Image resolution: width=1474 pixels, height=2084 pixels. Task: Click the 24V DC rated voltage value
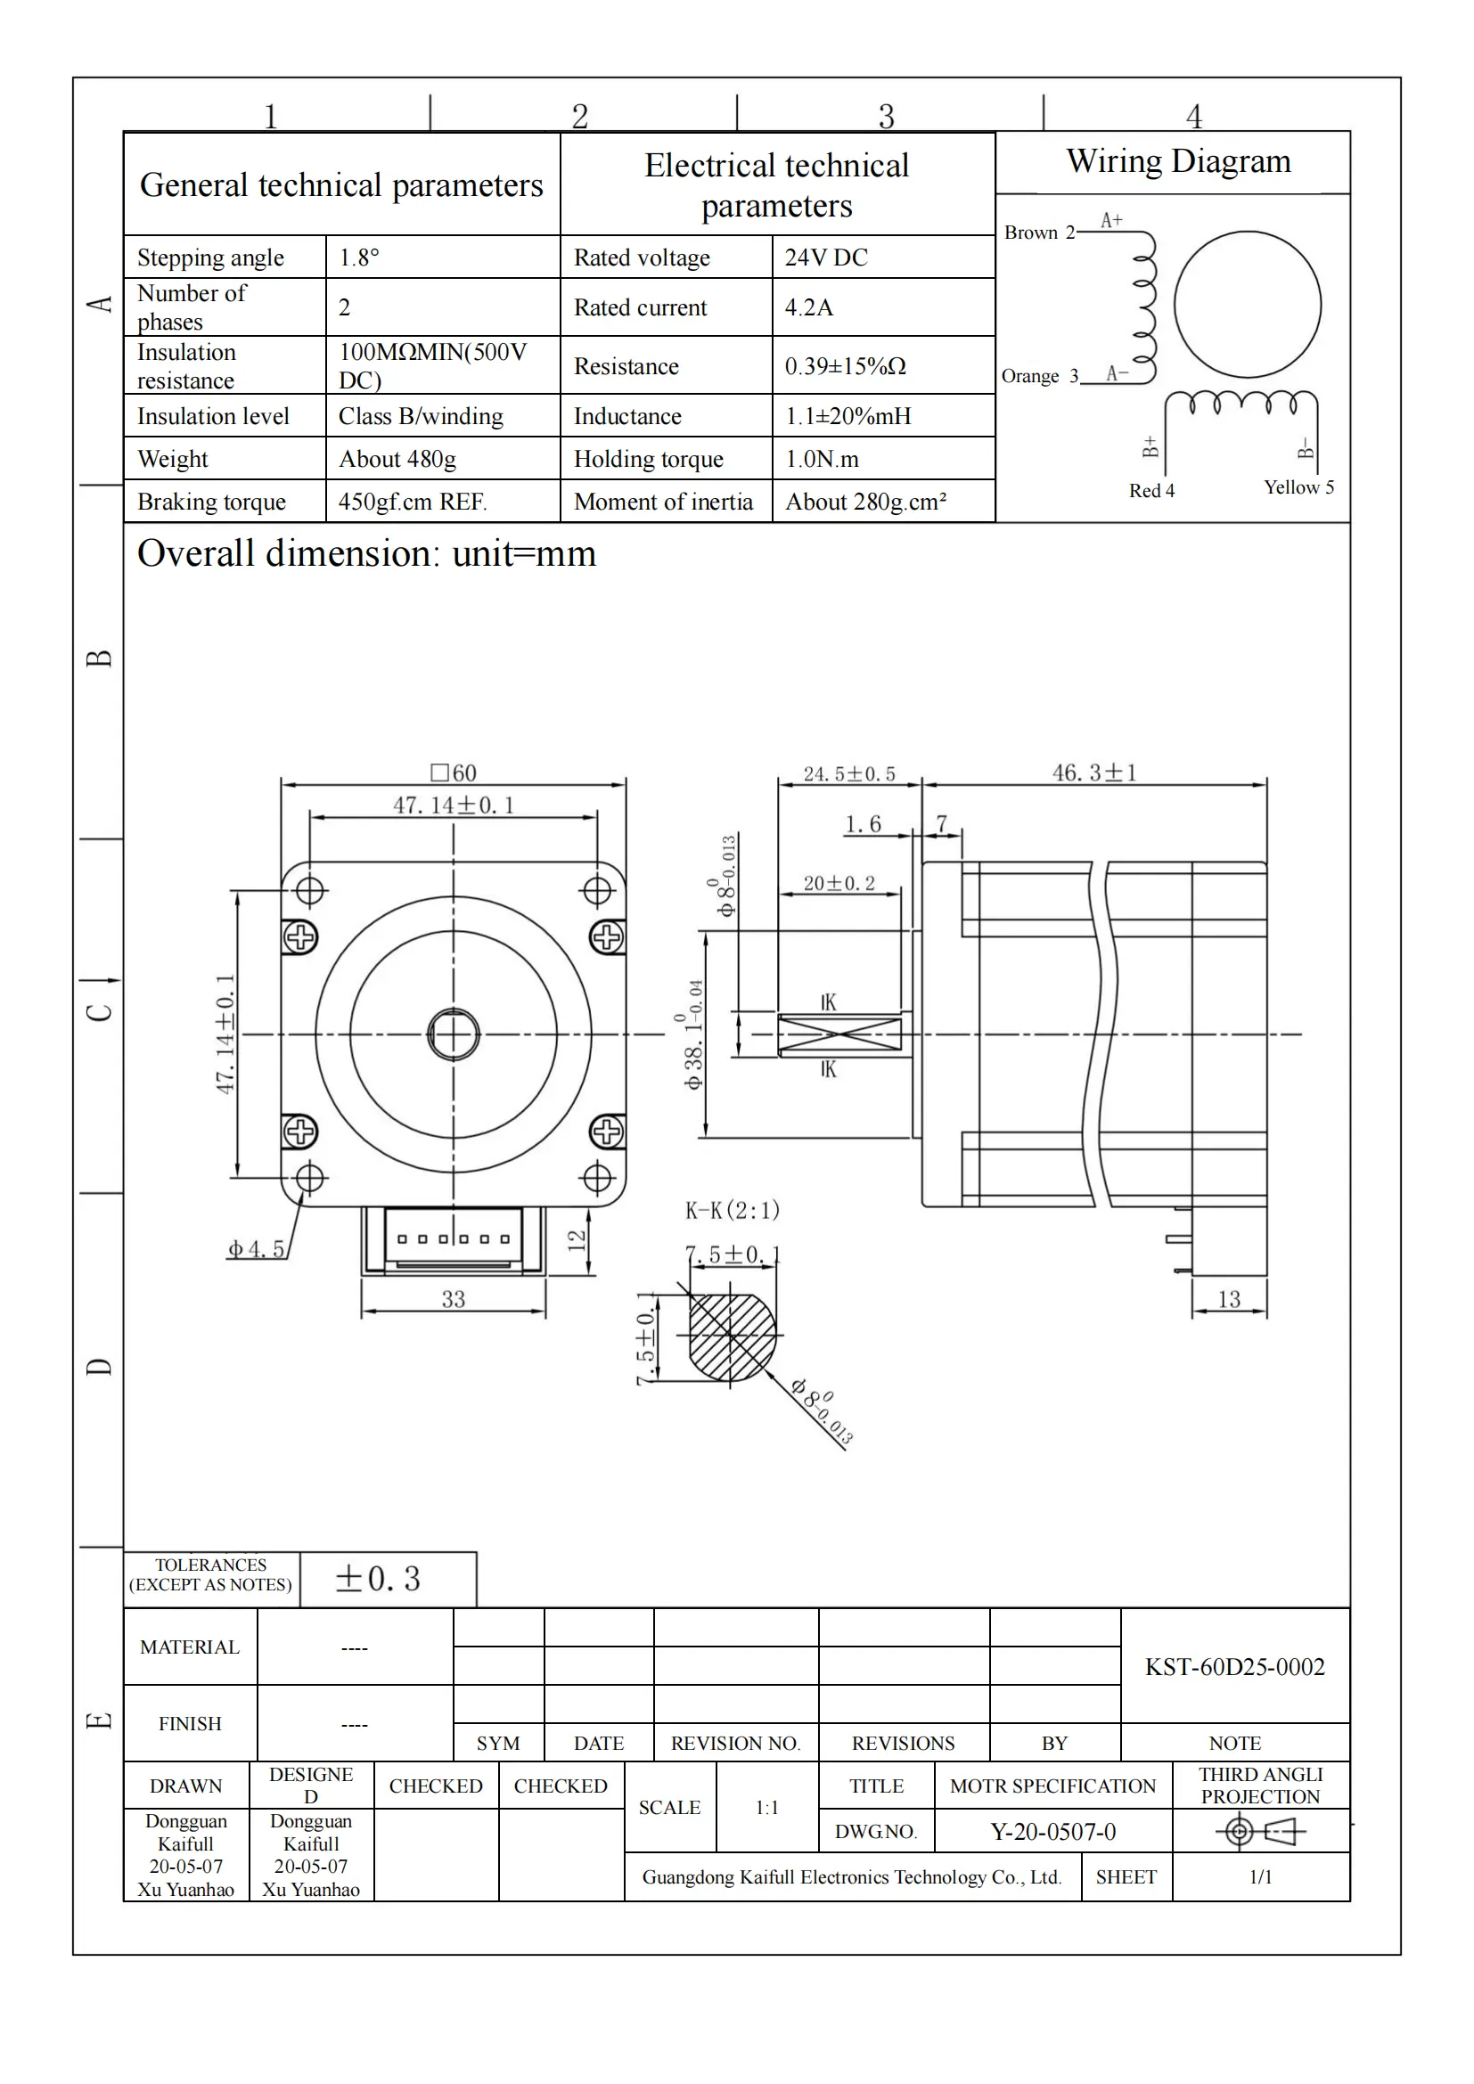click(826, 257)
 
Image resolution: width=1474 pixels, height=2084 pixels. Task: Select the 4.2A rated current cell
click(808, 307)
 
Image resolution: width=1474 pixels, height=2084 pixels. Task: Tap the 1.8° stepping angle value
click(358, 257)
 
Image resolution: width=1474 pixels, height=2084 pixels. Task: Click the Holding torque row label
click(648, 459)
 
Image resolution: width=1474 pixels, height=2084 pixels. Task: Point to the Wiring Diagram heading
click(1178, 161)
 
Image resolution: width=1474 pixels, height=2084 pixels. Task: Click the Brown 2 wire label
click(1038, 233)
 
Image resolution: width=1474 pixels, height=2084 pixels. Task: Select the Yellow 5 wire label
click(1298, 487)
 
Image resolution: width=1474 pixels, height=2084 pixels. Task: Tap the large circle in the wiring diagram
click(1247, 304)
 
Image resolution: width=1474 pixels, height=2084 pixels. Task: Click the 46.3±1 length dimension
click(1093, 773)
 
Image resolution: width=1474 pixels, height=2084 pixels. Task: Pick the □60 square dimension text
click(453, 772)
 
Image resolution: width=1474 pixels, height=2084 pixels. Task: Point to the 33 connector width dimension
click(453, 1299)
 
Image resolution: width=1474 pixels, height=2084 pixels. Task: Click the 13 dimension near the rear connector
click(1228, 1299)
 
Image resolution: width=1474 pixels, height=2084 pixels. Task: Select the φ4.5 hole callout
click(256, 1249)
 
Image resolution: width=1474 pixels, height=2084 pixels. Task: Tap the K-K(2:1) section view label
click(732, 1210)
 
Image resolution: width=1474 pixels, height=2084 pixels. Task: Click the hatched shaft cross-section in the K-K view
click(732, 1336)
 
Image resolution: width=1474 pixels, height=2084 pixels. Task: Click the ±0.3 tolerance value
click(378, 1579)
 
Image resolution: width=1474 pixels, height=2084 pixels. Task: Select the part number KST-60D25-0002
click(1234, 1666)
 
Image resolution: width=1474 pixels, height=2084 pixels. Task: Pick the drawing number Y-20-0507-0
click(1052, 1832)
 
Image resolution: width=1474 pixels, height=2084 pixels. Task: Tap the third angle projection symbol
click(1260, 1832)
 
